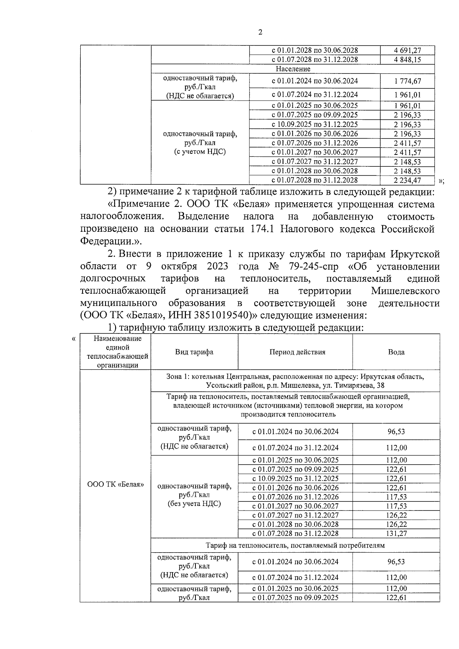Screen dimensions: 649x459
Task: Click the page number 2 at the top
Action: (x=260, y=33)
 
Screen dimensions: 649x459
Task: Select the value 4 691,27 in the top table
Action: (x=407, y=50)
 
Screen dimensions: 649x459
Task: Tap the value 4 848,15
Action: (x=407, y=60)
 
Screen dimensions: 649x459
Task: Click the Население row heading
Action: (x=293, y=69)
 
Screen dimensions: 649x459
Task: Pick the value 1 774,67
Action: (x=407, y=81)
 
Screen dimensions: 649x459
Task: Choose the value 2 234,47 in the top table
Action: (x=407, y=180)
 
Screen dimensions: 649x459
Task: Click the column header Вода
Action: (x=396, y=352)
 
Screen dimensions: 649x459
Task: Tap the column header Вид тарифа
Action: (x=194, y=352)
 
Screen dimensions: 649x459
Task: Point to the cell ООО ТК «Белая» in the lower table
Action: (x=116, y=484)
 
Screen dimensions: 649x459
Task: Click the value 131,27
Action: (x=396, y=533)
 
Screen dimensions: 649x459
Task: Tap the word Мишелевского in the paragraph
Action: (x=405, y=291)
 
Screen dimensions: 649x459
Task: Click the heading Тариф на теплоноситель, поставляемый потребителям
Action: (x=295, y=545)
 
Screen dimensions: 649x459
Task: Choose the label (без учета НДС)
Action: (x=194, y=504)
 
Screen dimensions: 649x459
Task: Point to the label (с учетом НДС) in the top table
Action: (x=200, y=152)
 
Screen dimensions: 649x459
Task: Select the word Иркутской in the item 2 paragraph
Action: (x=415, y=254)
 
